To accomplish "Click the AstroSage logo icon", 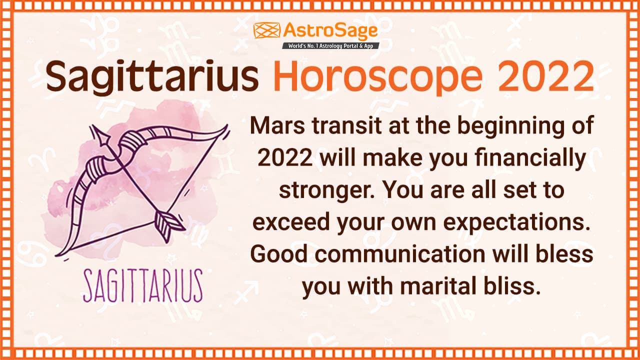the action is pyautogui.click(x=267, y=30).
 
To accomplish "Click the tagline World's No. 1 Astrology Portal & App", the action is pyautogui.click(x=330, y=45).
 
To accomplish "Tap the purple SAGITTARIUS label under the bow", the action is pyautogui.click(x=143, y=285).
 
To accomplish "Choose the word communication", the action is pyautogui.click(x=400, y=254).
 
